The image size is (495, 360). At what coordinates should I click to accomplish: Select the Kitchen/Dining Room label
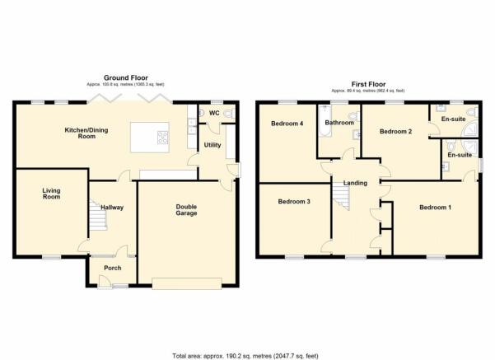(81, 133)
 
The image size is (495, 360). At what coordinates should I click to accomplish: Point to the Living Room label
(53, 194)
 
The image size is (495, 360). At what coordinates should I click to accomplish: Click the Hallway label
(112, 207)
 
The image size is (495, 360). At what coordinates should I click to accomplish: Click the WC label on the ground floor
(213, 111)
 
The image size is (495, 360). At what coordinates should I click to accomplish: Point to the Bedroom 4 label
(288, 124)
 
